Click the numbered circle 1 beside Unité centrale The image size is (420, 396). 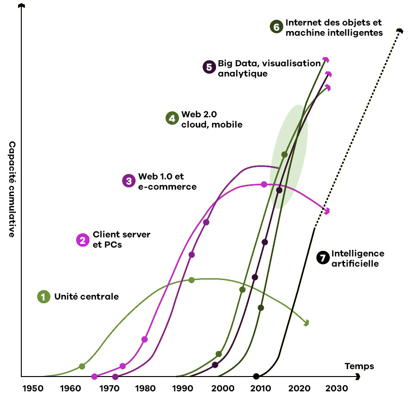coord(44,297)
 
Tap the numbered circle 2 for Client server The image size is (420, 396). coord(83,240)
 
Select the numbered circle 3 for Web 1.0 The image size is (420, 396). coord(128,181)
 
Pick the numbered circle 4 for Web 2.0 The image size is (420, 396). coord(172,118)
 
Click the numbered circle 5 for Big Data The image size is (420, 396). coord(209,67)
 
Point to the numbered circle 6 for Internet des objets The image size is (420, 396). coord(276,27)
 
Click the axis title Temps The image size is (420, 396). coord(359,366)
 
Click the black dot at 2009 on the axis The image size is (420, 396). coord(256,376)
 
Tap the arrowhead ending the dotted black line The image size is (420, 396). coord(400,31)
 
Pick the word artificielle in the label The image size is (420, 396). coord(355,264)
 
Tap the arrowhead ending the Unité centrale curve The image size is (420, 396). coord(306,322)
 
